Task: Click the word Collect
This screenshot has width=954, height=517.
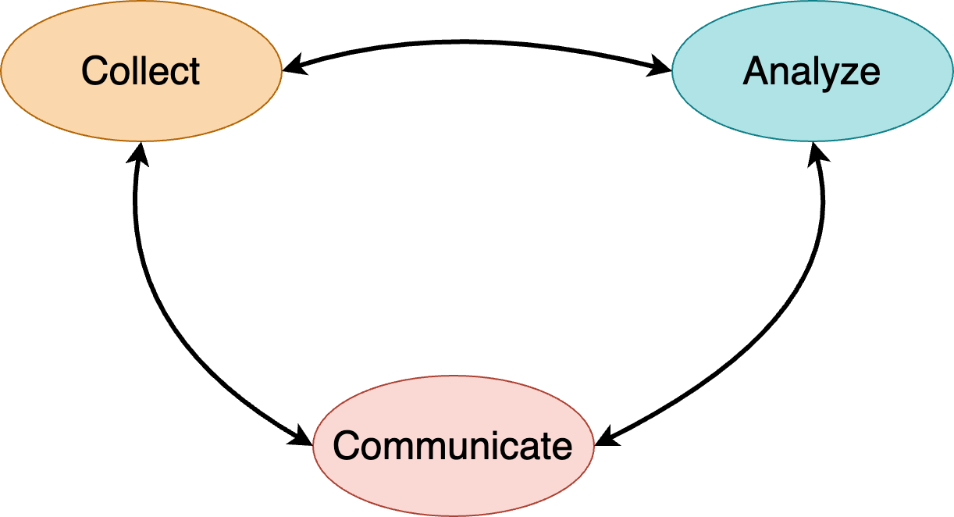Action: pos(141,71)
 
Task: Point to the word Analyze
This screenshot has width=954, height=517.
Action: pos(812,71)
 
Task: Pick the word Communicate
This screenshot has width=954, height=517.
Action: pos(453,446)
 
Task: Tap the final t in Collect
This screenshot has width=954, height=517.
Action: pos(195,71)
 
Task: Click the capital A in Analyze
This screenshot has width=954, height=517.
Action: pos(755,71)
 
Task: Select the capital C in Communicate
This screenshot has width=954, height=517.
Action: pos(346,446)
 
